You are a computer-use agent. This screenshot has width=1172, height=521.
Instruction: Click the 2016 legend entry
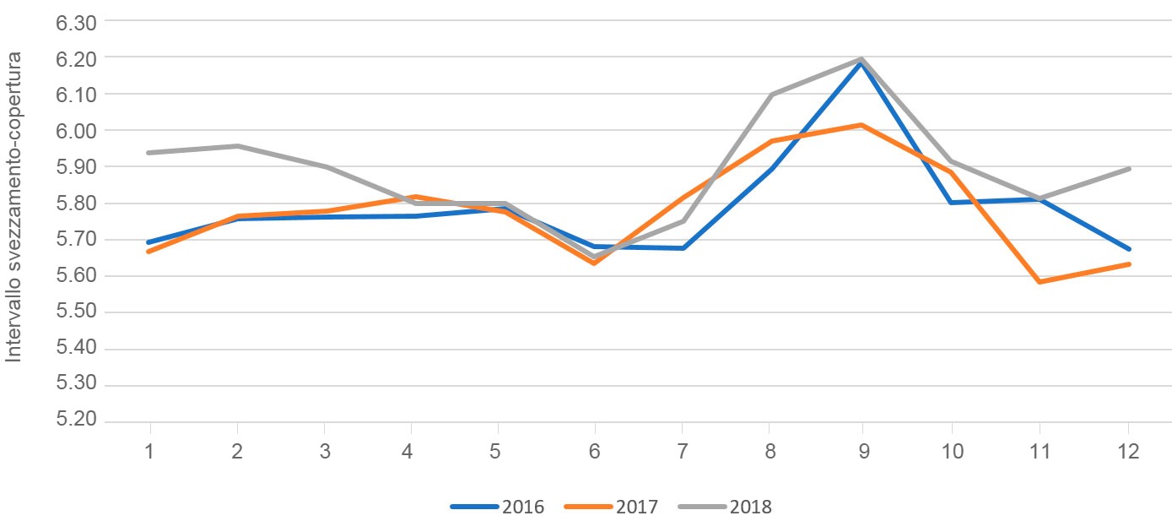coord(498,507)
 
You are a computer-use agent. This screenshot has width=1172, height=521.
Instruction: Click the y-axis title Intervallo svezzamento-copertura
coord(14,206)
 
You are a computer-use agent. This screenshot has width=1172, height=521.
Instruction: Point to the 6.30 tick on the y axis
coord(77,22)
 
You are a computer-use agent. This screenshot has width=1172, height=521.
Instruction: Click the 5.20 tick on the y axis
coord(77,421)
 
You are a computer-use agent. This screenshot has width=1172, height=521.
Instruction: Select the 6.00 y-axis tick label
coord(77,131)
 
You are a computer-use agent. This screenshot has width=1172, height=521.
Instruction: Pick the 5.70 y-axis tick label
coord(77,240)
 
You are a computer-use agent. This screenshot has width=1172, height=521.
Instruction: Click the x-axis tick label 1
coord(149,452)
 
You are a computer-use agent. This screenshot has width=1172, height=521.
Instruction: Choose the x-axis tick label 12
coord(1128,452)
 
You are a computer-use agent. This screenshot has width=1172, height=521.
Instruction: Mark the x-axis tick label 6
coord(594,452)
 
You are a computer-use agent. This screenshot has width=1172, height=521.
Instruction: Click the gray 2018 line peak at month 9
coord(861,59)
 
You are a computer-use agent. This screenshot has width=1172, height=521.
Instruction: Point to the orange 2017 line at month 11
coord(1040,282)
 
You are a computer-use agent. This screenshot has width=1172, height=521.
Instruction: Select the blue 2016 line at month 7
coord(683,248)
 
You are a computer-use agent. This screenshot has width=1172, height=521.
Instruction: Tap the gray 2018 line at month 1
coord(149,153)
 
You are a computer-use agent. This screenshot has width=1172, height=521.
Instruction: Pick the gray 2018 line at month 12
coord(1128,169)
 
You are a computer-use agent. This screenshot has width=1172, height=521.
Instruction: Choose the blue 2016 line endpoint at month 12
coord(1128,249)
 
